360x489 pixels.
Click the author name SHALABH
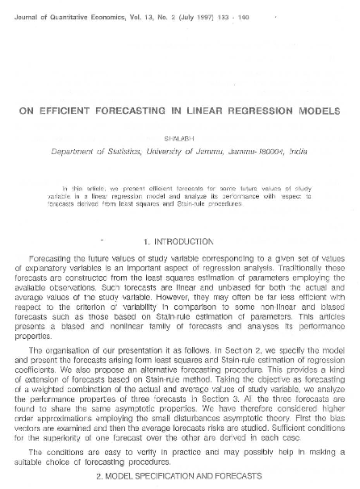tap(179, 136)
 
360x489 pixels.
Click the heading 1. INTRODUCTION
tap(179, 241)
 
